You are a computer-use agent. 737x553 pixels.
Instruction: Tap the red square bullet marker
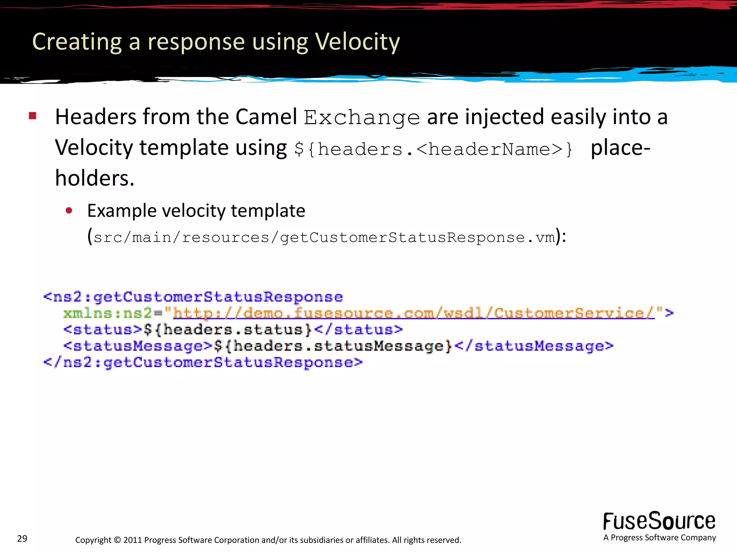coord(33,116)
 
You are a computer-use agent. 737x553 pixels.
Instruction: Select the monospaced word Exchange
coord(362,118)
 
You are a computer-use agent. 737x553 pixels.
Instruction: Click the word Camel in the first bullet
coord(266,117)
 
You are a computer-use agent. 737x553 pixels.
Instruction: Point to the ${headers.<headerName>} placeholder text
coord(433,149)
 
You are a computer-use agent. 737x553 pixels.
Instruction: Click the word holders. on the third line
coord(95,178)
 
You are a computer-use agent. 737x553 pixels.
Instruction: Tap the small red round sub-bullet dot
coord(69,211)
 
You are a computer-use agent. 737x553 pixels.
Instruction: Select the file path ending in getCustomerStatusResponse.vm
coord(324,238)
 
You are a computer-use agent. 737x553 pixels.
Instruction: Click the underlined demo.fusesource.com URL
coord(414,313)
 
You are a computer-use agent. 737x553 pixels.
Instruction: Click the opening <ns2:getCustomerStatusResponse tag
coord(193,297)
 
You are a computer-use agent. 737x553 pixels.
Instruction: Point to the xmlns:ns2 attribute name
coord(107,313)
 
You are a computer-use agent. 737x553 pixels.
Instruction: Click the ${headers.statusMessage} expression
coord(333,346)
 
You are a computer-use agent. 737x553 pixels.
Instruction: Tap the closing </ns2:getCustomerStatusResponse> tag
coord(203,362)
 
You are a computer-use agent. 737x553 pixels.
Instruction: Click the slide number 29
coord(22,539)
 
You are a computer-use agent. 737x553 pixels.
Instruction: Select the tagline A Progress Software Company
coord(659,538)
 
